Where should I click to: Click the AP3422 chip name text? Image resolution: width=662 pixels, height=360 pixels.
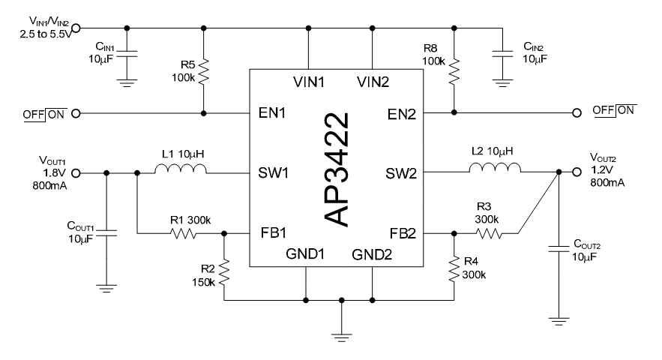[337, 169]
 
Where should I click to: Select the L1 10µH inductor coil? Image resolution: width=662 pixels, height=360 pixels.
[181, 169]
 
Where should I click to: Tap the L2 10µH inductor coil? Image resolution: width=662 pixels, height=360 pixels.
[495, 168]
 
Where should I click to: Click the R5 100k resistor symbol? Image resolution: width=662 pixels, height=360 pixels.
[203, 71]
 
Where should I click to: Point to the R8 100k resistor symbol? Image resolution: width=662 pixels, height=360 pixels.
[454, 71]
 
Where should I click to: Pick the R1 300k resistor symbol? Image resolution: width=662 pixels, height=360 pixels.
[183, 233]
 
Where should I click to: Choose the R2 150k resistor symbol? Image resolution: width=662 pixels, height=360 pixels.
[223, 272]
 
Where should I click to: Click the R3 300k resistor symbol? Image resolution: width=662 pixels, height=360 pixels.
[489, 233]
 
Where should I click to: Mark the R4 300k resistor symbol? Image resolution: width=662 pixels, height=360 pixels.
[454, 268]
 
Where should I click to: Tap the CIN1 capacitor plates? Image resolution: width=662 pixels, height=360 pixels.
[127, 54]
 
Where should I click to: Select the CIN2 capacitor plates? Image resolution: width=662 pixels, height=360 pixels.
[502, 54]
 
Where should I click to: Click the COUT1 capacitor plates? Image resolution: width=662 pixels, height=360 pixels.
[106, 232]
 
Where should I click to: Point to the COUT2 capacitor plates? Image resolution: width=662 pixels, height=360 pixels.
[559, 248]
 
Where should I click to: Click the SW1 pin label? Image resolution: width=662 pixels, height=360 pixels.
[273, 172]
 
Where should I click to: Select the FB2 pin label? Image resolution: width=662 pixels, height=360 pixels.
[403, 233]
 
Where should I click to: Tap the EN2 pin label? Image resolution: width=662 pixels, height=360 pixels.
[402, 114]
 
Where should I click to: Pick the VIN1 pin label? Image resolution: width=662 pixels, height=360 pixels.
[309, 82]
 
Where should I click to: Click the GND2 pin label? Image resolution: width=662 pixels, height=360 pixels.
[372, 254]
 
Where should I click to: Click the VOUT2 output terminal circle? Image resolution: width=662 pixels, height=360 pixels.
[577, 172]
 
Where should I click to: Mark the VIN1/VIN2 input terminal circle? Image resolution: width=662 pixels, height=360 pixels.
[76, 28]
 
